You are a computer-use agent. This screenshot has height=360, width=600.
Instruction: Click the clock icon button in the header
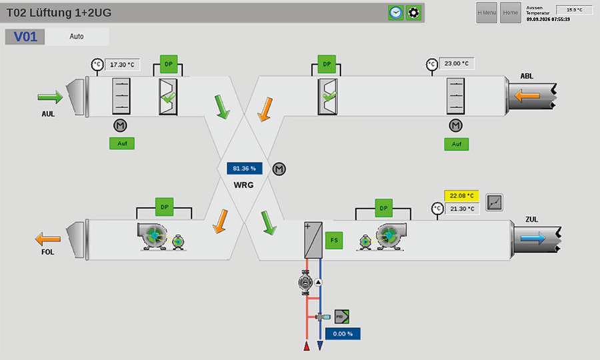coord(395,13)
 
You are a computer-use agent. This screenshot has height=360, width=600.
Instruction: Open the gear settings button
coord(413,13)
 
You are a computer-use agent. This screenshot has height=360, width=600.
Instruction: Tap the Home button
coord(511,13)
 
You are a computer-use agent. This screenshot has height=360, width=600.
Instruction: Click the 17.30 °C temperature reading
coord(122,65)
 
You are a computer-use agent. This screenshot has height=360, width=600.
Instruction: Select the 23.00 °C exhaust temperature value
coord(457,63)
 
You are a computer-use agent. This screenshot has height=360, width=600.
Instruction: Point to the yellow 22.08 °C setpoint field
coord(461,196)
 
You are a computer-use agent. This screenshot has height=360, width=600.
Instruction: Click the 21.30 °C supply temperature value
coord(462,209)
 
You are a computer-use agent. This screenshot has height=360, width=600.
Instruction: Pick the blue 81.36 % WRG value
coord(245,168)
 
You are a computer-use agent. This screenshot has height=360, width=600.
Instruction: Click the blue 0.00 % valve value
coord(343,333)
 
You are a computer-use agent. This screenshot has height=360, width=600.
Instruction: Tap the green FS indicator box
coord(334,240)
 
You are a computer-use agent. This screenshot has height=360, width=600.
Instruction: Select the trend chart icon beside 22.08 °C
coord(495,203)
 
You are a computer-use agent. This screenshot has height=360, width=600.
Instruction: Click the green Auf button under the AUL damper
coord(122,143)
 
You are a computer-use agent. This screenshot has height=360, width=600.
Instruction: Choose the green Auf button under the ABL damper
coord(457,144)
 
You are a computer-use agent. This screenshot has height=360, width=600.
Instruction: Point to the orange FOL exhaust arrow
coord(48,239)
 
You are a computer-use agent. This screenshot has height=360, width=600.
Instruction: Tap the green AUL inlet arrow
coord(50,97)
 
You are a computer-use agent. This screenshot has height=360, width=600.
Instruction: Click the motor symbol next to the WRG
coord(279,169)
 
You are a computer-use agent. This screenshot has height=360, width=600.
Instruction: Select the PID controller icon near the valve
coord(342,317)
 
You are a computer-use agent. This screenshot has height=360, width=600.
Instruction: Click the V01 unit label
coord(25,37)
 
